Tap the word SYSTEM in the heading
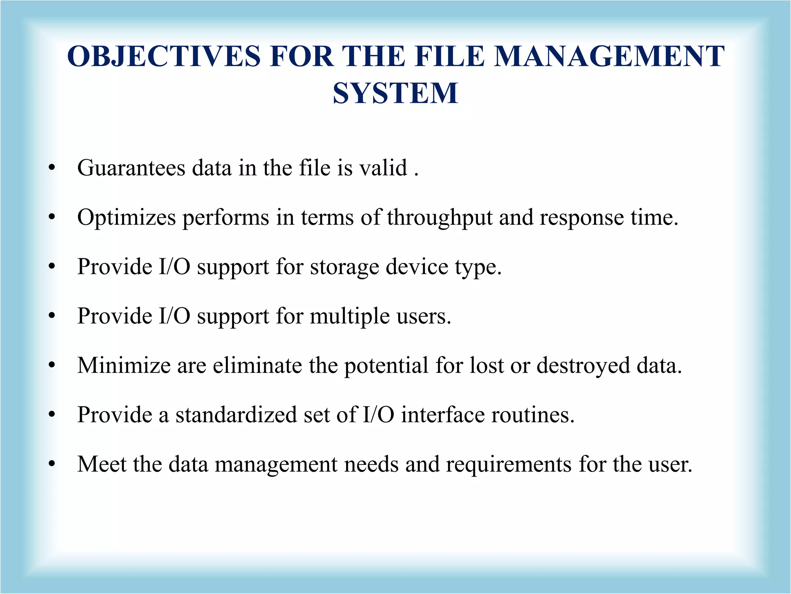click(395, 94)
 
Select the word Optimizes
click(127, 217)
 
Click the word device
click(416, 267)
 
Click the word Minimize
click(124, 365)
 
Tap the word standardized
click(236, 415)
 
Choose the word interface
click(443, 415)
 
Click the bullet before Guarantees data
click(52, 168)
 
